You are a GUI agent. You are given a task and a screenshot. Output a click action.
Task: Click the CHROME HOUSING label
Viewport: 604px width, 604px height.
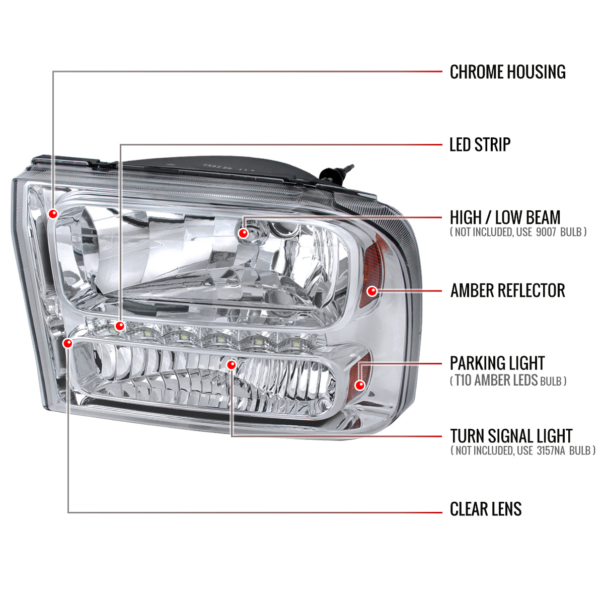[507, 72]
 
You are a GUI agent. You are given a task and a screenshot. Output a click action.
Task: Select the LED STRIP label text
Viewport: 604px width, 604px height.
[480, 145]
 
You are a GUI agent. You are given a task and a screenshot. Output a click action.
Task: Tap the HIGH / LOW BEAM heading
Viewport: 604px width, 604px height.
[505, 217]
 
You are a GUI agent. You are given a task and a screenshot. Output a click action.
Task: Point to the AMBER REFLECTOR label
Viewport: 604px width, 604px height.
[507, 290]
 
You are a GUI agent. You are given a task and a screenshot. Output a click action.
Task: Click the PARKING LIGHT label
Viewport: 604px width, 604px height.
[497, 363]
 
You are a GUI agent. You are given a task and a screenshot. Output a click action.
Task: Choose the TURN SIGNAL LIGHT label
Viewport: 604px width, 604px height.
[511, 436]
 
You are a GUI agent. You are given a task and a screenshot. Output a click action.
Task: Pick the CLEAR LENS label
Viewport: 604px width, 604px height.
[485, 509]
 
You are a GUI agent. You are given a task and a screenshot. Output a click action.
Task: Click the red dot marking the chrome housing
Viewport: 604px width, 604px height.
[53, 214]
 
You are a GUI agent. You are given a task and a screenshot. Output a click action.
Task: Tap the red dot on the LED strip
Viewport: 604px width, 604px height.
[120, 326]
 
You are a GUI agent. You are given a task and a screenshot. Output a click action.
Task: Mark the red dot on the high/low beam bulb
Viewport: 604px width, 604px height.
[244, 233]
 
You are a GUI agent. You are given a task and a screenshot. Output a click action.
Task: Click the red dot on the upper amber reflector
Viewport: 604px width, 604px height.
[372, 291]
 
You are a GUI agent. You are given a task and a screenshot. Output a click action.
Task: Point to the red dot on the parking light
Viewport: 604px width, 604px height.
[359, 385]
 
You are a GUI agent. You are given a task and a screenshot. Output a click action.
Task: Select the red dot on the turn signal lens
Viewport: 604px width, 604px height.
[231, 364]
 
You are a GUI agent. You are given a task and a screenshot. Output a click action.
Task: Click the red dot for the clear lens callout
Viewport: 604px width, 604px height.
[67, 343]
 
